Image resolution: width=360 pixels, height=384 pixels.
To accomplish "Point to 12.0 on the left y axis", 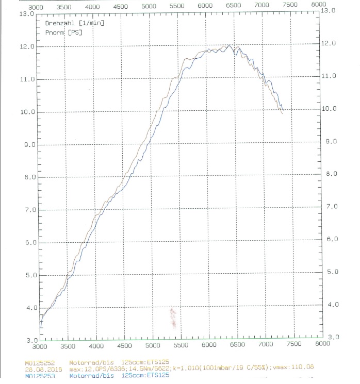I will pos(27,46).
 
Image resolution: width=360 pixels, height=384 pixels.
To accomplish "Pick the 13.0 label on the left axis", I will pos(27,14).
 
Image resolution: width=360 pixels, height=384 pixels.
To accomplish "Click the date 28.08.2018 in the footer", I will pos(40,369).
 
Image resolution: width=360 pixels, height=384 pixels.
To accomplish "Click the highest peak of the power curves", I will pos(229,45).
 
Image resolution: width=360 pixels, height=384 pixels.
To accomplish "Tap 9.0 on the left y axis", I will pos(27,145).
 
